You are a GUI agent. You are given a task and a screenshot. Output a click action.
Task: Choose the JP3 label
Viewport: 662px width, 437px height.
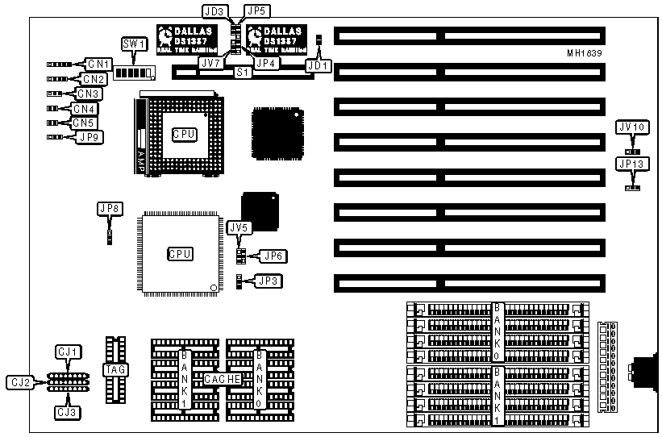(x=267, y=281)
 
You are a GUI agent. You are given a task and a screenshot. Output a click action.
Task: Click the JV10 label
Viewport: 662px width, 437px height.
(x=631, y=127)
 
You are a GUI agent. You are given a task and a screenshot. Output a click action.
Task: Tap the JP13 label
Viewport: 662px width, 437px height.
(x=631, y=163)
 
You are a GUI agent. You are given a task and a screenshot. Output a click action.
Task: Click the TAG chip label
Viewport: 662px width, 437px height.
(x=113, y=369)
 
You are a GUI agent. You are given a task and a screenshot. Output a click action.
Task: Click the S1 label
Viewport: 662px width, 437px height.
(x=241, y=72)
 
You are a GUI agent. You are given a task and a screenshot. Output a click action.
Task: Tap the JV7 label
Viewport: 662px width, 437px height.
(x=210, y=62)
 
